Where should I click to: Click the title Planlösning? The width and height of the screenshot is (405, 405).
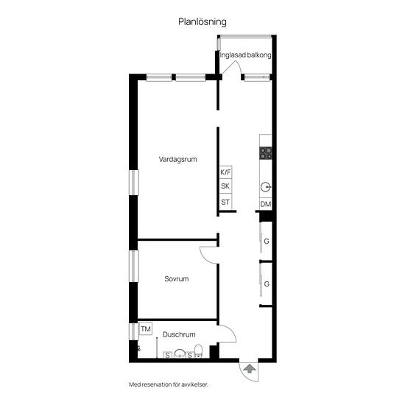pyautogui.click(x=202, y=22)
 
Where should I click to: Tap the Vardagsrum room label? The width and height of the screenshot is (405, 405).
pyautogui.click(x=177, y=159)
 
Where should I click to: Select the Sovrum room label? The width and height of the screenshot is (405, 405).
pyautogui.click(x=177, y=278)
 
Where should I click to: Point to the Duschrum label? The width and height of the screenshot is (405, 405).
pyautogui.click(x=179, y=334)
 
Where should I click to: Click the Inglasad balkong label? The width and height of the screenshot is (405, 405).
pyautogui.click(x=245, y=55)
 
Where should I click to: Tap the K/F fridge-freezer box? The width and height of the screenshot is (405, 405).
pyautogui.click(x=225, y=172)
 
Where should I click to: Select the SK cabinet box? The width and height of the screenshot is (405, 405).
pyautogui.click(x=225, y=186)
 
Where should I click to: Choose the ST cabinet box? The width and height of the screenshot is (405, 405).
pyautogui.click(x=225, y=202)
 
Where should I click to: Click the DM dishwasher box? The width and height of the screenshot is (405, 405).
pyautogui.click(x=266, y=204)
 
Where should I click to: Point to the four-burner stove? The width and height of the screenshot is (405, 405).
pyautogui.click(x=266, y=153)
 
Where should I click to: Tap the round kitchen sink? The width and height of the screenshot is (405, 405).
pyautogui.click(x=266, y=187)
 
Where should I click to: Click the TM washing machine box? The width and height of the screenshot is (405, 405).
pyautogui.click(x=145, y=329)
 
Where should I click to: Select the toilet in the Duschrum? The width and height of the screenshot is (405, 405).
pyautogui.click(x=198, y=351)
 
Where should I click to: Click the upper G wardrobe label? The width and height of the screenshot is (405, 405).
pyautogui.click(x=267, y=242)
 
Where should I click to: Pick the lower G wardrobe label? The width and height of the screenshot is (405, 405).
pyautogui.click(x=267, y=283)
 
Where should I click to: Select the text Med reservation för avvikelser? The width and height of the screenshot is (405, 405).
pyautogui.click(x=169, y=384)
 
